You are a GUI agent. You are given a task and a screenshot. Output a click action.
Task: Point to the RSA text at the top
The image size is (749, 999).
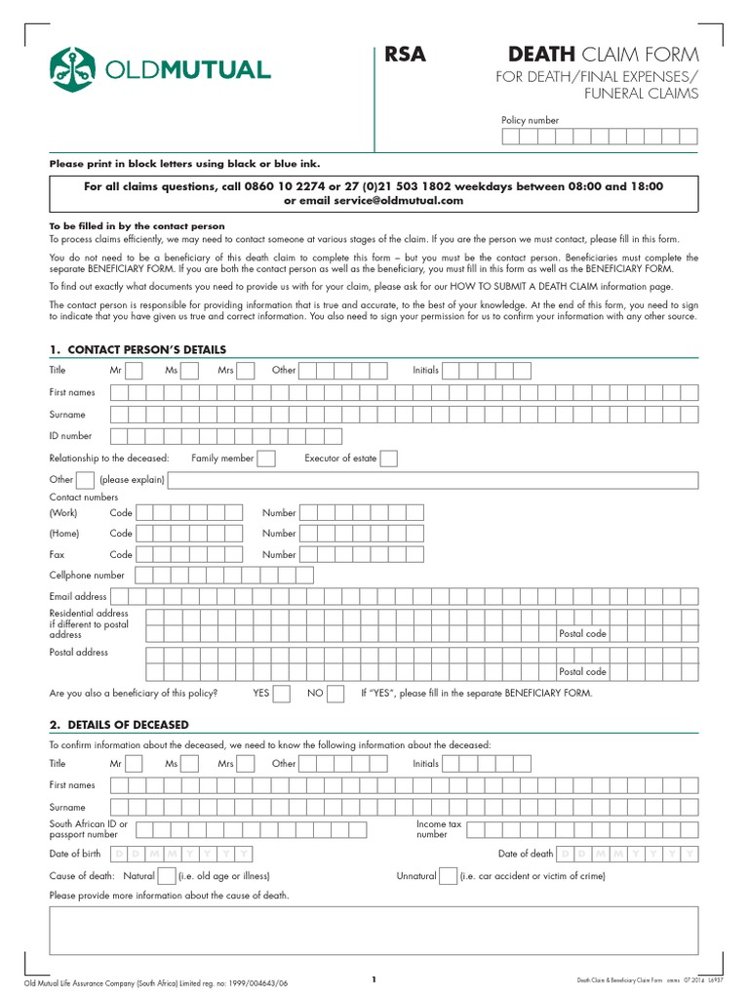[x=406, y=55]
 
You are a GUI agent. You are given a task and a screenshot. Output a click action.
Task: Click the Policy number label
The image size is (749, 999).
[x=530, y=120]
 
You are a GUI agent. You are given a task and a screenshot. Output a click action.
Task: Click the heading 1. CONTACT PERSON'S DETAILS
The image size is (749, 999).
[x=138, y=349]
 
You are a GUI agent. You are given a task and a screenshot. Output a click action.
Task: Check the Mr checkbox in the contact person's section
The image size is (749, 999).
[x=135, y=371]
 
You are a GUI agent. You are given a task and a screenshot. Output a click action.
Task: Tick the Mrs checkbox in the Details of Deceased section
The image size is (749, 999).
[x=246, y=764]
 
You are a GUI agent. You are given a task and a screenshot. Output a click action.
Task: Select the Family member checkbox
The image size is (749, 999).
[x=266, y=459]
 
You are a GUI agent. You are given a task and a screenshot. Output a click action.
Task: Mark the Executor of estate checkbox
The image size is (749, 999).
[x=388, y=459]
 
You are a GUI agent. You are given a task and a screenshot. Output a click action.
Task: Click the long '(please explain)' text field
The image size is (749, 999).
[x=433, y=480]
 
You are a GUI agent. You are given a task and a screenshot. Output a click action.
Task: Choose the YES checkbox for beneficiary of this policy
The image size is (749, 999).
[x=282, y=694]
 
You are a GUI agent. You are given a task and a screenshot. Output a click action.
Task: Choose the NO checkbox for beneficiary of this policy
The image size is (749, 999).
[x=335, y=694]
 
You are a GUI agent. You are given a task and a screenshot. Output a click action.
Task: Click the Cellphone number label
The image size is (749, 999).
[x=87, y=576]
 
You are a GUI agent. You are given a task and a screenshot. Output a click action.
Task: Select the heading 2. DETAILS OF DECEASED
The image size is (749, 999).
[x=119, y=725]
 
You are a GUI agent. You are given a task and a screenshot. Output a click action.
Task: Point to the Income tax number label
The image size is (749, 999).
[x=439, y=829]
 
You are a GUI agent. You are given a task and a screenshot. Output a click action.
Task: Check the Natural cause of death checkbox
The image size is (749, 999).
[x=167, y=876]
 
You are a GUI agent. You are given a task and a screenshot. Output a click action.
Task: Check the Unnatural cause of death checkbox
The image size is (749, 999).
[x=449, y=876]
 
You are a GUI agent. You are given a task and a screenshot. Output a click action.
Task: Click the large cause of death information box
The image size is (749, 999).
[x=374, y=930]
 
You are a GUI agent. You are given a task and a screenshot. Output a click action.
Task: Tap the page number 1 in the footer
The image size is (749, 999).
[x=374, y=979]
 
